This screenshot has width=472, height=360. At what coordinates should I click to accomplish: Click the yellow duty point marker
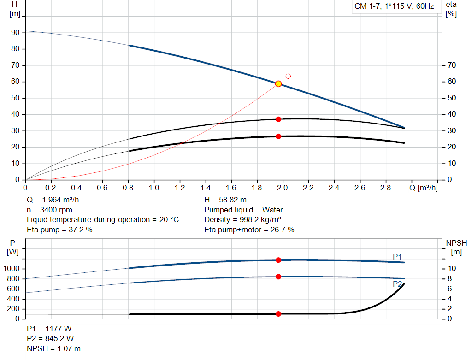278,84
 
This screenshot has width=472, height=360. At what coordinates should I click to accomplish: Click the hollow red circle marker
288,76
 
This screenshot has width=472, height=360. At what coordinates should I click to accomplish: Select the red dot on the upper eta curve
278,119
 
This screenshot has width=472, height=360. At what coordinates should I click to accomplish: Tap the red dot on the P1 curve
278,260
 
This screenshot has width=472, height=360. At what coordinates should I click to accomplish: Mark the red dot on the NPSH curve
278,314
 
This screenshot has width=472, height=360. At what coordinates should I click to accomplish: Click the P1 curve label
397,257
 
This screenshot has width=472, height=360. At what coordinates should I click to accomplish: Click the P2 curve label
397,284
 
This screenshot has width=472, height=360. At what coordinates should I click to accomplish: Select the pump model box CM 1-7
395,6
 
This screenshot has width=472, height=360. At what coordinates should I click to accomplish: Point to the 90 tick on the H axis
15,33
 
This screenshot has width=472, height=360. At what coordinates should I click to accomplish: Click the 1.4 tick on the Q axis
206,188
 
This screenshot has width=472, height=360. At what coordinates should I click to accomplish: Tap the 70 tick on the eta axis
452,65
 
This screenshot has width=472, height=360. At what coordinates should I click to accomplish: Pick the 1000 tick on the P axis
11,268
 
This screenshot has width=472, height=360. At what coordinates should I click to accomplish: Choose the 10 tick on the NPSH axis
452,268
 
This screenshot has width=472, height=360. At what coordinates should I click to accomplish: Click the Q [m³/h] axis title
424,188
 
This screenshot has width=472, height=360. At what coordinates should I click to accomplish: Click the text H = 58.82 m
225,200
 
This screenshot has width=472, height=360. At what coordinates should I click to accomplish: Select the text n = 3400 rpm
50,210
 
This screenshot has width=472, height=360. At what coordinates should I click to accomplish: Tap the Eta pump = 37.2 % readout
59,230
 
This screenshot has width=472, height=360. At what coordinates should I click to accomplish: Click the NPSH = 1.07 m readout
53,348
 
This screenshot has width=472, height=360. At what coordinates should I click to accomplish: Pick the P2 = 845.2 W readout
50,339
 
